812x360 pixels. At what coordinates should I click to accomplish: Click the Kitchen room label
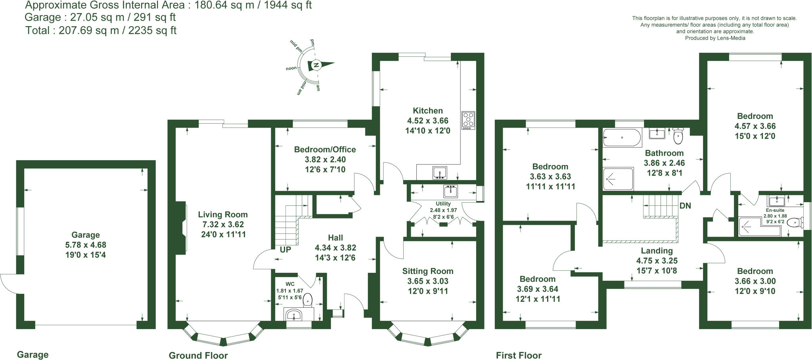[x=427, y=111]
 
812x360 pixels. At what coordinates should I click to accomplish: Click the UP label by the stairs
[x=285, y=250]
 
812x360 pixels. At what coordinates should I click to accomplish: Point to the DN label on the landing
[x=685, y=206]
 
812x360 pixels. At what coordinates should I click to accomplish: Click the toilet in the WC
[x=308, y=301]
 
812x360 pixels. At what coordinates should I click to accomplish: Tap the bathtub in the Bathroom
[x=622, y=138]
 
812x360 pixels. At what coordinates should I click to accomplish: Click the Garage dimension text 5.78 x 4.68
[x=86, y=245]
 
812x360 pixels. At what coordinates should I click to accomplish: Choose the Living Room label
[x=223, y=214]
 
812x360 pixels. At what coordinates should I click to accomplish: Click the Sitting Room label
[x=427, y=271]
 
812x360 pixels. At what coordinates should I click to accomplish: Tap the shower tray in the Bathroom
[x=618, y=179]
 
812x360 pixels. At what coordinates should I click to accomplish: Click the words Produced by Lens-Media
[x=715, y=38]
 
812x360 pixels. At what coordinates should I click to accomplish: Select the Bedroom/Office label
[x=325, y=149]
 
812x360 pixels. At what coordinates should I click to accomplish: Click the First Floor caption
[x=518, y=355]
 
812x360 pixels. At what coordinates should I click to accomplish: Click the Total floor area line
[x=101, y=31]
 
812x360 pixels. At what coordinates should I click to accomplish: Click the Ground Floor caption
[x=198, y=355]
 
